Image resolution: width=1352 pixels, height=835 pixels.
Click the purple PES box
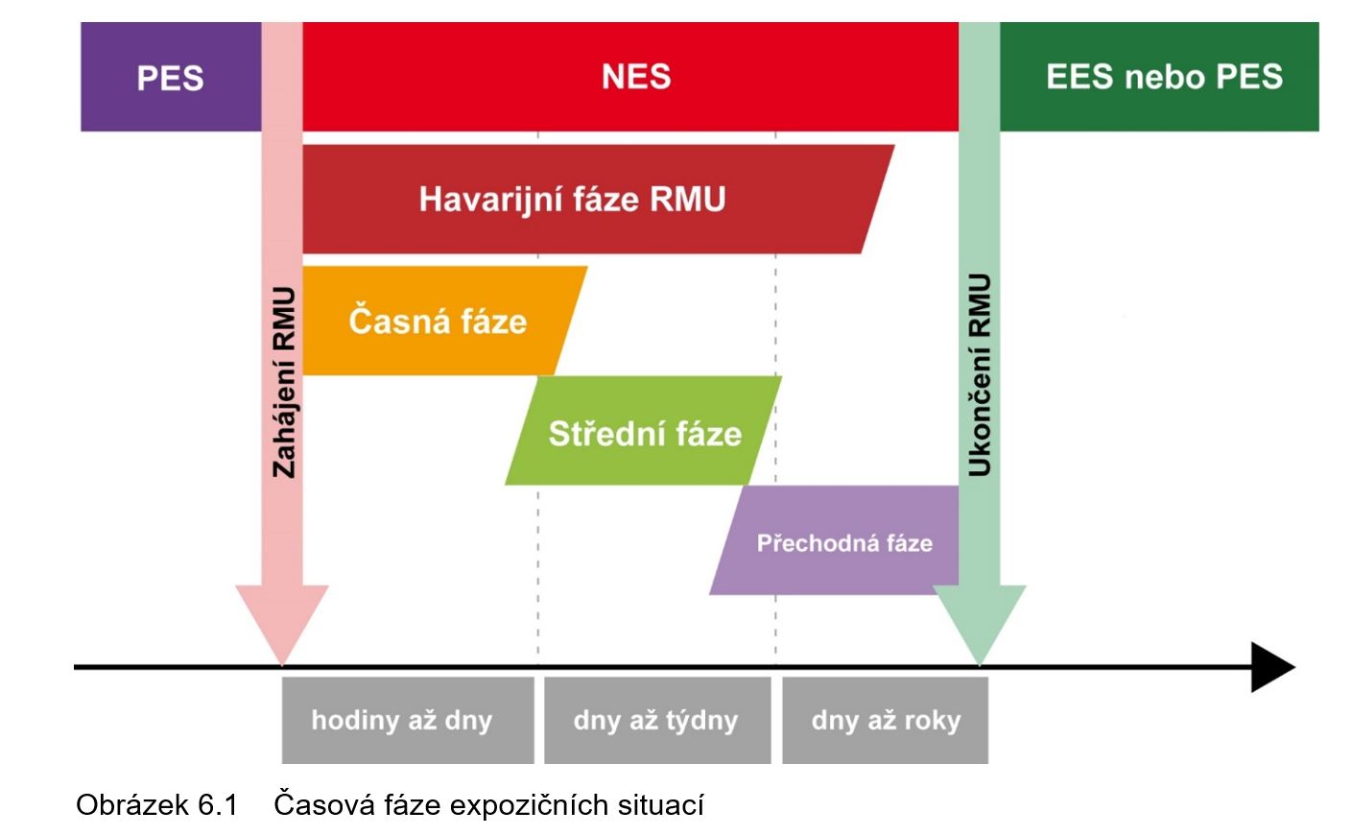click(170, 78)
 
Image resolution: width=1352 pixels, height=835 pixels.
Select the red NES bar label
click(635, 77)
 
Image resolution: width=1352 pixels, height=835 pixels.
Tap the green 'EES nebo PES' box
click(1163, 77)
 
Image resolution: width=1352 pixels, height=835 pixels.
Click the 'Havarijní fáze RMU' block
click(573, 200)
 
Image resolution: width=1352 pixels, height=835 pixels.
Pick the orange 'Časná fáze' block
click(438, 321)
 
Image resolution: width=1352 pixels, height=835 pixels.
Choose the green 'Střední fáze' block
click(645, 433)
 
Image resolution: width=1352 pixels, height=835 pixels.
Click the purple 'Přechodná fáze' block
click(844, 543)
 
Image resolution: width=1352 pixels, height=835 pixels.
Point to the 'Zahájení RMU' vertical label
click(284, 381)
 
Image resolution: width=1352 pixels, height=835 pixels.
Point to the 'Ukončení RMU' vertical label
click(979, 374)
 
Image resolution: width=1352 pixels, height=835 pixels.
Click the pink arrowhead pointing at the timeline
click(282, 619)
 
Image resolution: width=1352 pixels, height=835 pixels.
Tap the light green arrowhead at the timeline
click(979, 619)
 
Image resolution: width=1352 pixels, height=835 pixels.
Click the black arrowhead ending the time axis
click(1272, 667)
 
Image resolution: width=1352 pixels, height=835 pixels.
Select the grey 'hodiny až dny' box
click(402, 721)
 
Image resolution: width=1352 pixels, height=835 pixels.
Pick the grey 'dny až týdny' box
click(656, 721)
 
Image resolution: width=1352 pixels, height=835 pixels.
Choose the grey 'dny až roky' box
click(886, 721)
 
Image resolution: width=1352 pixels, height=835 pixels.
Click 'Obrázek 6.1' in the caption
click(156, 804)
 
